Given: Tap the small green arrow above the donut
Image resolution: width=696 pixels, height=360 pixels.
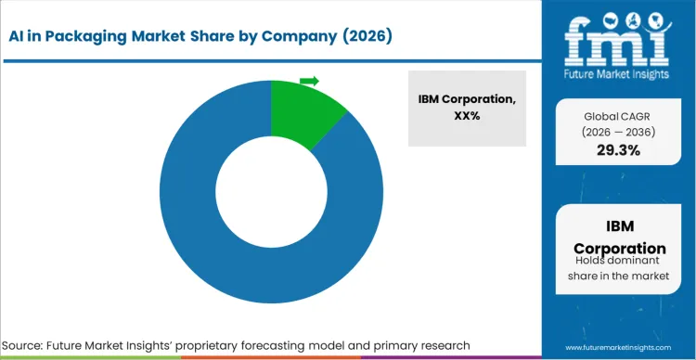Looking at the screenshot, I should pos(309,81).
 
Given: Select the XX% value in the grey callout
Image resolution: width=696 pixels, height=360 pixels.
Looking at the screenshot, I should pos(467,117).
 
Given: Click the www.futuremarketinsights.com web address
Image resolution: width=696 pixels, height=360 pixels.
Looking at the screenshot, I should pos(618,346).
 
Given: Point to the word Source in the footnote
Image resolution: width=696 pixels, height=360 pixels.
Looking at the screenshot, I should pos(32,345).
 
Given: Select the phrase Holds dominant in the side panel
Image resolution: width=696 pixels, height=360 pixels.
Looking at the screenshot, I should pos(619,266).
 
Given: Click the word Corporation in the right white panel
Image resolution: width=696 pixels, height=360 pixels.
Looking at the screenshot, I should pos(619,248).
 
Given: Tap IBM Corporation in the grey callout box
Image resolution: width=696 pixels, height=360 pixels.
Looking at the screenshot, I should pos(467,99).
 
